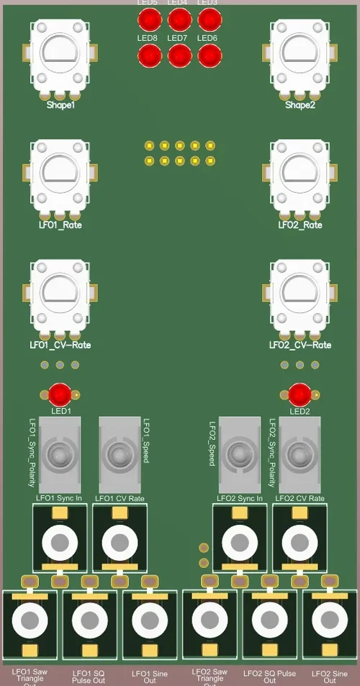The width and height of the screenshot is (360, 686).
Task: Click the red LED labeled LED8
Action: point(149,55)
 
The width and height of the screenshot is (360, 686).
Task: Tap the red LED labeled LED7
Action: point(179,55)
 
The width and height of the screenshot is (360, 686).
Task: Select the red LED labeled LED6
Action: point(209,55)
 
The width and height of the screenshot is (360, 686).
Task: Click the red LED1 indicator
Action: point(60,394)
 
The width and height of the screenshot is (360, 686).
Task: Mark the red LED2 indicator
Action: point(300,394)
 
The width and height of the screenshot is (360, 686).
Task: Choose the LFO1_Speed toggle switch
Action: point(119,454)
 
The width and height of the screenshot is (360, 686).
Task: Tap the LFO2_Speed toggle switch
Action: point(239,454)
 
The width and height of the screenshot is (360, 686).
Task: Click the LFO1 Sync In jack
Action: point(60,541)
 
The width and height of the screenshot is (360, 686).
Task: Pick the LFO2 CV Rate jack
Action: point(300,541)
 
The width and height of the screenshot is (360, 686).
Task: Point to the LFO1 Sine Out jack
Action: point(150,619)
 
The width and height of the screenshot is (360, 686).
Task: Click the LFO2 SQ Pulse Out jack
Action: point(269,619)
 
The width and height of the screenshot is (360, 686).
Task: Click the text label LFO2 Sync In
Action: point(239,498)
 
